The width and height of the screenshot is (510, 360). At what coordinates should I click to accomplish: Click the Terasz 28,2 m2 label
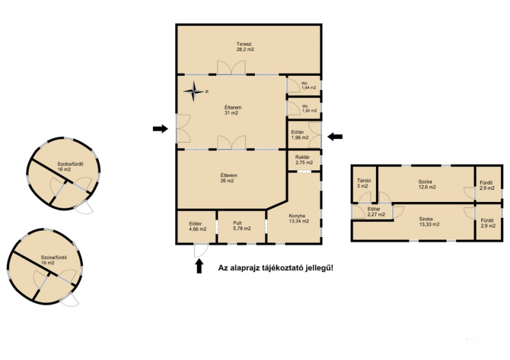pyautogui.click(x=245, y=47)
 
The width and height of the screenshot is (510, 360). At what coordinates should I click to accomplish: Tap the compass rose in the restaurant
pyautogui.click(x=194, y=91)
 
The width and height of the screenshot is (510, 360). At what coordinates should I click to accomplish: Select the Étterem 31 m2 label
pyautogui.click(x=233, y=110)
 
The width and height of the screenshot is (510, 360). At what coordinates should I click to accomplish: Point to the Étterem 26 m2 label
pyautogui.click(x=229, y=178)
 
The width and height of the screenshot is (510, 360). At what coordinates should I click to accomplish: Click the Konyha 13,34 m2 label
pyautogui.click(x=298, y=218)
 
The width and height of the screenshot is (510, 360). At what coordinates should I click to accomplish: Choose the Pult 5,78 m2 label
pyautogui.click(x=242, y=226)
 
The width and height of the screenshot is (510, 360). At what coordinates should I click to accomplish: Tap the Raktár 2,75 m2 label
pyautogui.click(x=304, y=160)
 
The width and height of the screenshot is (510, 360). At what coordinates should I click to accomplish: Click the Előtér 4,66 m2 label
pyautogui.click(x=198, y=226)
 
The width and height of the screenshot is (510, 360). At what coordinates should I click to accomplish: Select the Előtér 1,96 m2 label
pyautogui.click(x=300, y=135)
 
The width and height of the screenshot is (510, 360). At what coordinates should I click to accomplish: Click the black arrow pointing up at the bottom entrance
pyautogui.click(x=199, y=265)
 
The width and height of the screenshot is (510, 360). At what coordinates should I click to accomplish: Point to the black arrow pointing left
pyautogui.click(x=335, y=136)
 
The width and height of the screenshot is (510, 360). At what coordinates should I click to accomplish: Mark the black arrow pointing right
pyautogui.click(x=161, y=129)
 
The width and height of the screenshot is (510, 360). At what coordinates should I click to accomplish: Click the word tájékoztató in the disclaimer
pyautogui.click(x=283, y=268)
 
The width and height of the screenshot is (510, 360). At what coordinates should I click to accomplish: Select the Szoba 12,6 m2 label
pyautogui.click(x=427, y=184)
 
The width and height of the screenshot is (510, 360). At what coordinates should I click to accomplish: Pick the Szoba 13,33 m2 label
pyautogui.click(x=429, y=222)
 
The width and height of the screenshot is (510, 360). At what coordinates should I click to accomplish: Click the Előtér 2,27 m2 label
pyautogui.click(x=376, y=212)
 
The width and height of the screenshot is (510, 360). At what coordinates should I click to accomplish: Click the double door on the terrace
pyautogui.click(x=231, y=68)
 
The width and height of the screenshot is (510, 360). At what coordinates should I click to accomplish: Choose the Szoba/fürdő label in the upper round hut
pyautogui.click(x=70, y=164)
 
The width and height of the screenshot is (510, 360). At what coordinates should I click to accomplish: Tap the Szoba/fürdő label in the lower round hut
pyautogui.click(x=54, y=257)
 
